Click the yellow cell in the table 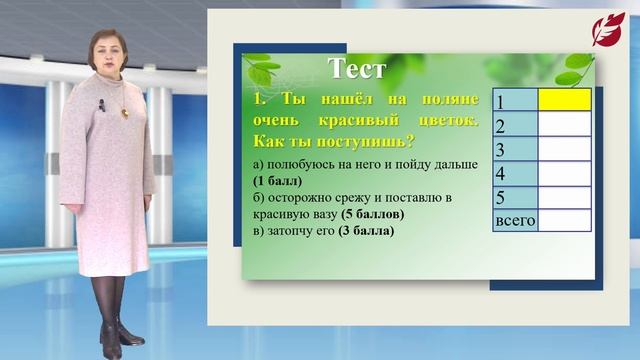564,100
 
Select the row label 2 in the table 503,126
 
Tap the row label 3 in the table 503,150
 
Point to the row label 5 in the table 503,197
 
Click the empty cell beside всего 564,220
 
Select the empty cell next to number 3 564,150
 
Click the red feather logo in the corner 608,30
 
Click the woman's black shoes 112,345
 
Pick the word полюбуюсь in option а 295,164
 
